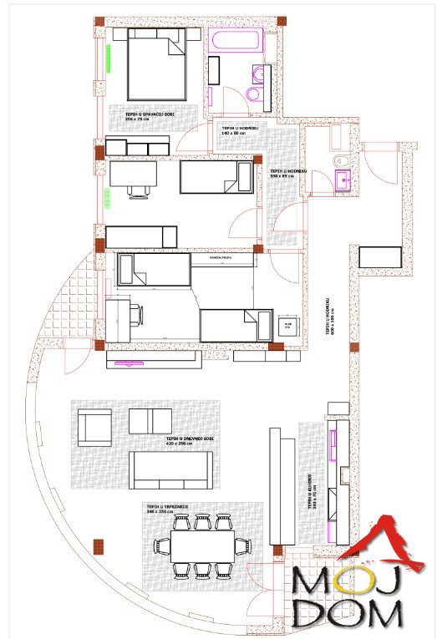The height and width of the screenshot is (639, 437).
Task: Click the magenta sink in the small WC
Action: tap(343, 179)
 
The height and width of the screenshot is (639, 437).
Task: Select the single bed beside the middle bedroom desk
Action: tap(216, 178)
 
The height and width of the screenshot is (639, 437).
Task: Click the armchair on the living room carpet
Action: tap(94, 427)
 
